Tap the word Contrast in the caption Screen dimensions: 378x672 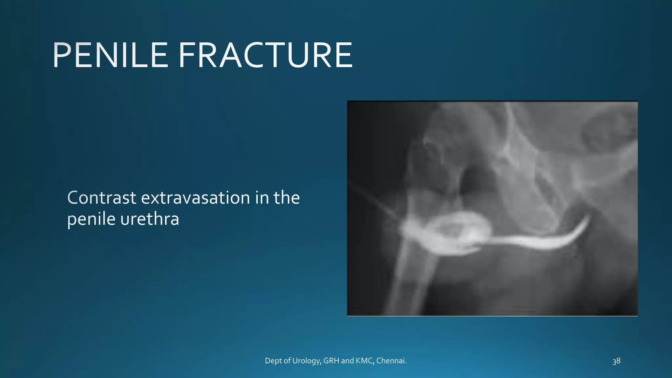[x=102, y=198]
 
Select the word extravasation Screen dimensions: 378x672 [x=196, y=198]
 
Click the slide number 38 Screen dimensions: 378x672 [x=616, y=361]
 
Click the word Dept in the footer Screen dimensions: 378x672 [x=273, y=361]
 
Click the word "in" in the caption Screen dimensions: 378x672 [x=262, y=198]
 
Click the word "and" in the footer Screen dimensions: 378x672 [x=347, y=361]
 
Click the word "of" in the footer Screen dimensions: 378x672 [x=287, y=361]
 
